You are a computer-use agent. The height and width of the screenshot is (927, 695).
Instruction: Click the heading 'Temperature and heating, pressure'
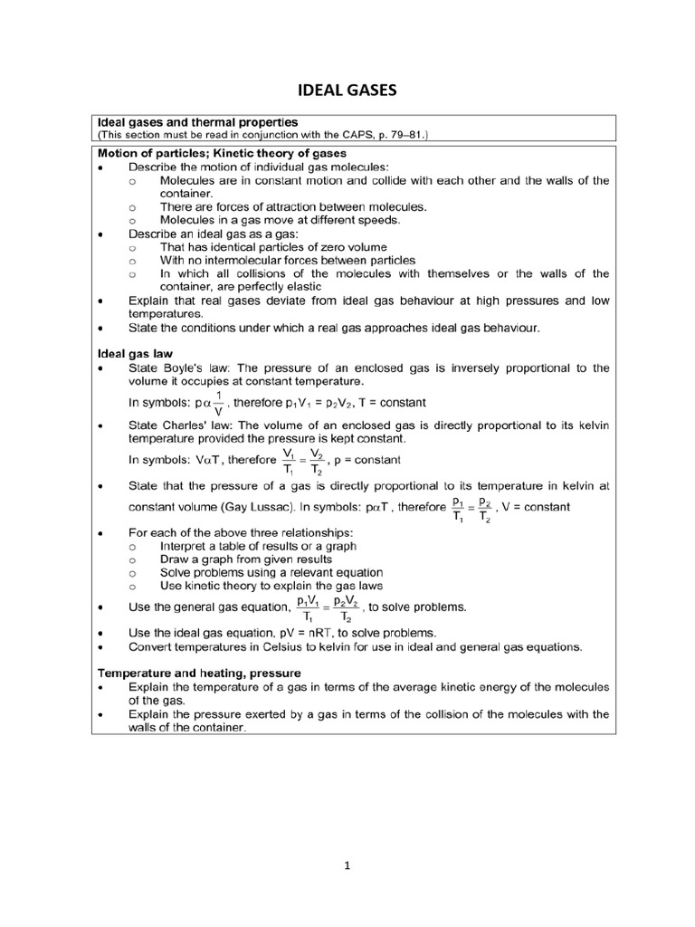click(199, 672)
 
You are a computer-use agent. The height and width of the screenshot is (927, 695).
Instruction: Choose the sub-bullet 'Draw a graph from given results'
click(245, 559)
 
